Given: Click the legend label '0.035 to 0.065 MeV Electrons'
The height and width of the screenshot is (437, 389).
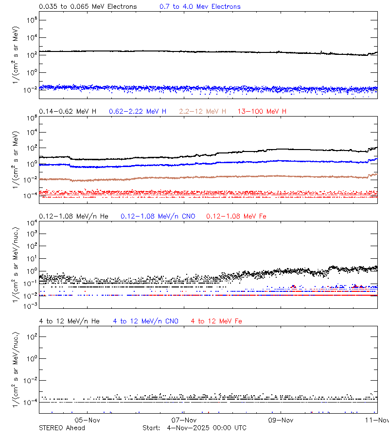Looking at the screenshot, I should [88, 7].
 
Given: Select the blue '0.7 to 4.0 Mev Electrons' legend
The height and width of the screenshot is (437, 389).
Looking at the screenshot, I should [200, 7].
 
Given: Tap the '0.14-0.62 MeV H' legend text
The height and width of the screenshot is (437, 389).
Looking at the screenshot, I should [68, 112].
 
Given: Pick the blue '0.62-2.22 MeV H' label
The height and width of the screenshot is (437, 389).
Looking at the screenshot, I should [138, 112].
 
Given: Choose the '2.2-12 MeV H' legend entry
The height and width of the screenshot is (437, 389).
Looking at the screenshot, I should [203, 112].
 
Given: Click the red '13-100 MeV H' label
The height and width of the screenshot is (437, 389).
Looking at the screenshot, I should [262, 112].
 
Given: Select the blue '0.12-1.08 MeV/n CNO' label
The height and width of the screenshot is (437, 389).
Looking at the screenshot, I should [158, 216].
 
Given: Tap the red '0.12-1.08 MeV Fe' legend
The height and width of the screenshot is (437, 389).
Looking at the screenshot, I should [236, 216].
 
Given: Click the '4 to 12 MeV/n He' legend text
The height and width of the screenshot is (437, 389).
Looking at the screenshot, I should [69, 321].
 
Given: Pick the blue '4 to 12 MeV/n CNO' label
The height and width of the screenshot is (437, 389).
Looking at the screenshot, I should [146, 321].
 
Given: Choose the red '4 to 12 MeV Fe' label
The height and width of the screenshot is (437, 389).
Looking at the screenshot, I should [216, 321].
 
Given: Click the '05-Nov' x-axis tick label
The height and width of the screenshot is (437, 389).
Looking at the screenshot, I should [88, 420].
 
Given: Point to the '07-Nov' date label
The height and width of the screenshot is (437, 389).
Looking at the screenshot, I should [184, 420].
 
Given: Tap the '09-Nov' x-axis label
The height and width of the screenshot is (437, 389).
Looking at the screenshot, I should [281, 420].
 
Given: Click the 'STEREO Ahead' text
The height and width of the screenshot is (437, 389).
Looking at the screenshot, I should [62, 428].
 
